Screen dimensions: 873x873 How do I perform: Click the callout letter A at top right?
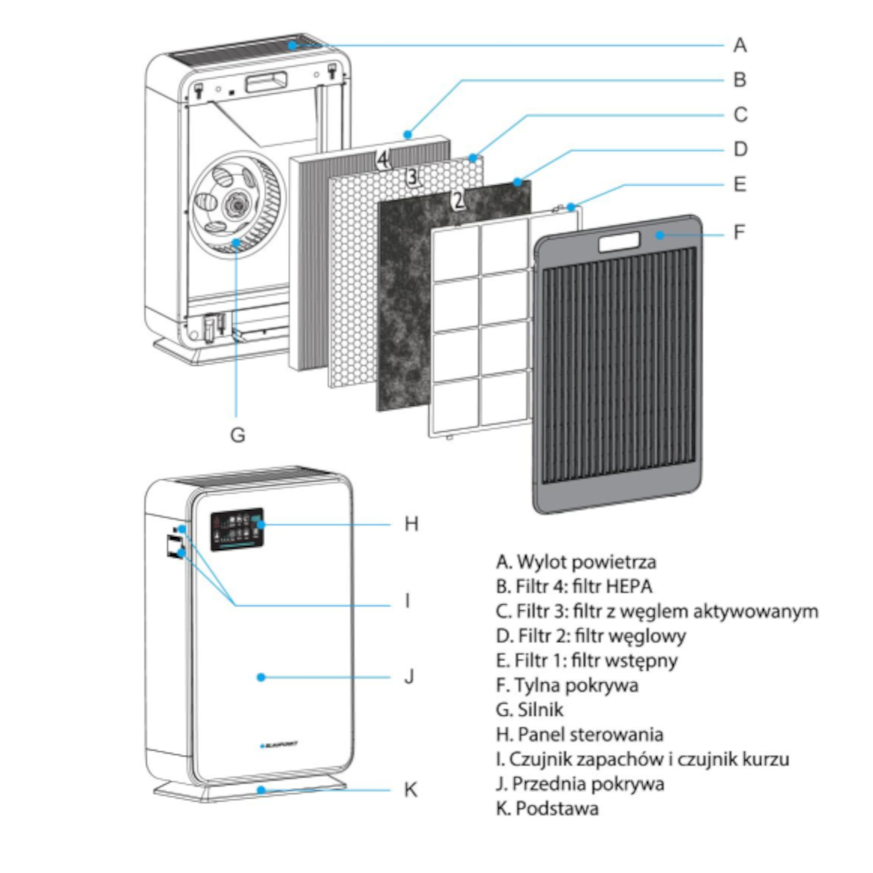[x=739, y=45]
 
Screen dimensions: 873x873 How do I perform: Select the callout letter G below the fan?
[x=237, y=434]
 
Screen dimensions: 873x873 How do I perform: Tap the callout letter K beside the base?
[x=410, y=789]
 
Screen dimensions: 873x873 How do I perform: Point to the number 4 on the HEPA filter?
[x=383, y=158]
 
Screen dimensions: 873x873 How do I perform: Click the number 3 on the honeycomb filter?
[x=412, y=176]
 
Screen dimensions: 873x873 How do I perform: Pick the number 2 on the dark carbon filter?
[x=458, y=199]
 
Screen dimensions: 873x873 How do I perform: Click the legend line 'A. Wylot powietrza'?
[x=575, y=562]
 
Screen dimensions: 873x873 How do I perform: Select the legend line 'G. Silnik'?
[x=530, y=709]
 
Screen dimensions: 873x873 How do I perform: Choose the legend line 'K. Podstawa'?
[x=547, y=808]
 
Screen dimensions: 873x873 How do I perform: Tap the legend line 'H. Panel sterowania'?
[x=579, y=734]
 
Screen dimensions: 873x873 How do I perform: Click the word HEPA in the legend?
[x=630, y=586]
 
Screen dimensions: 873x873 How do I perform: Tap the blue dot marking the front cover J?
[x=260, y=677]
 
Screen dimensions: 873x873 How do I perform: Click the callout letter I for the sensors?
[x=407, y=601]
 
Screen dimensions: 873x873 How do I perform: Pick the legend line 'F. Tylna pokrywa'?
[x=567, y=685]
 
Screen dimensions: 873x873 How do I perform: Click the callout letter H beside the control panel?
[x=412, y=524]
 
